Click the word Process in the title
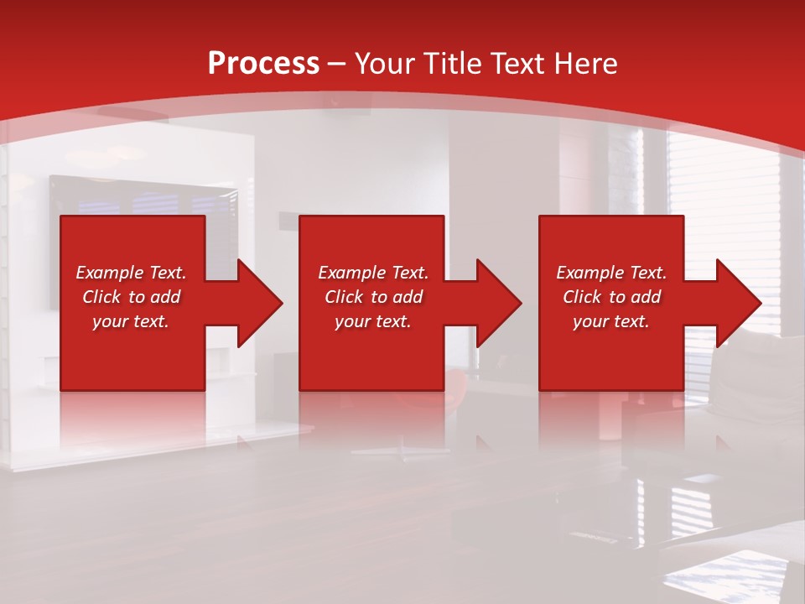coord(263,64)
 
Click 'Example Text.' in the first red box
coord(131,273)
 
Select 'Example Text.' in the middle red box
coord(373,273)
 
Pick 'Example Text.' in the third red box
coord(611,273)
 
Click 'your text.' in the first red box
coord(131,321)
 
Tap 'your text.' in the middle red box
coord(373,321)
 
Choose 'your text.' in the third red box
coord(611,321)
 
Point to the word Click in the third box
coord(583,297)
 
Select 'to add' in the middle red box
coord(397,297)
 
